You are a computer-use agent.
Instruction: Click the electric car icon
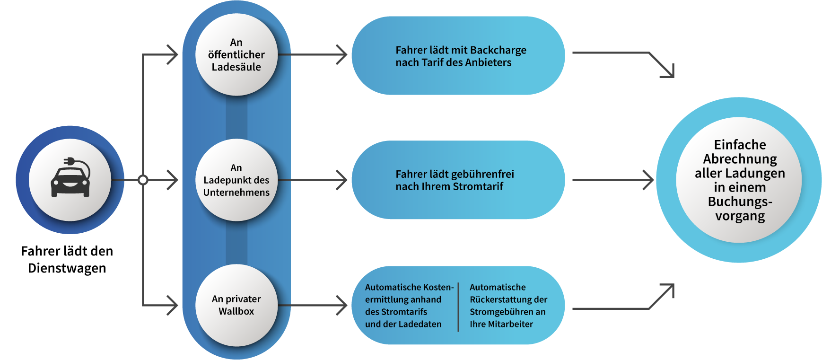70,180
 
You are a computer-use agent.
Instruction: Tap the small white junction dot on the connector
143,180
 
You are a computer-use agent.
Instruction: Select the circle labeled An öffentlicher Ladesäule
236,55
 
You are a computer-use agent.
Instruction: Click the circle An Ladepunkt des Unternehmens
236,180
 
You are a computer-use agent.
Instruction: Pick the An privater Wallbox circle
236,305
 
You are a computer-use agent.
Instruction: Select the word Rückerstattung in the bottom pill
494,299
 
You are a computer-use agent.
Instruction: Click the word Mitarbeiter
514,324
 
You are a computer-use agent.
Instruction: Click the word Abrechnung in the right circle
740,159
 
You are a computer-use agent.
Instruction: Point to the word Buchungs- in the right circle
740,202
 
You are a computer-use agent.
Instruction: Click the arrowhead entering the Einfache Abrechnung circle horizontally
649,180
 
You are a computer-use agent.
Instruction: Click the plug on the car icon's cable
69,161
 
